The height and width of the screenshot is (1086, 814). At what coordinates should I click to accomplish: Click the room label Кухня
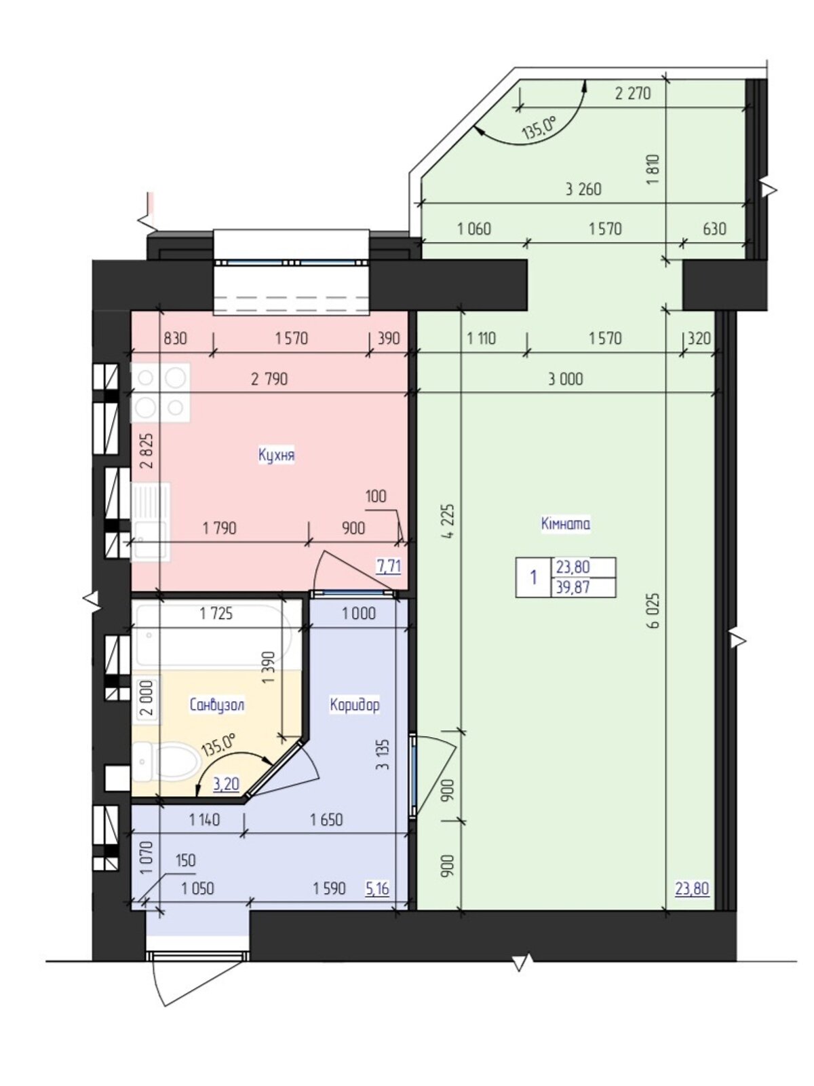[x=276, y=455]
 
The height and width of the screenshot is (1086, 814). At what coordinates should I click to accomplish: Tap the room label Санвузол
[x=217, y=705]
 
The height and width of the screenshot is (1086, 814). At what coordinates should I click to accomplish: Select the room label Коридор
[x=354, y=705]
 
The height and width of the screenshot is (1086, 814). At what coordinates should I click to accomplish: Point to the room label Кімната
[x=566, y=523]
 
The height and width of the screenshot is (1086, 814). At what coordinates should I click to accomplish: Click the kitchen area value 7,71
[x=389, y=566]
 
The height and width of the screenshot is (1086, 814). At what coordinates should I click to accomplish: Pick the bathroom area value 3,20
[x=226, y=784]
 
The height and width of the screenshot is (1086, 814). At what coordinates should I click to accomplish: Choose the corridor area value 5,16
[x=377, y=888]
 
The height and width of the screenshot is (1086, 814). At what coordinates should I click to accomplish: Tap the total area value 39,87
[x=573, y=587]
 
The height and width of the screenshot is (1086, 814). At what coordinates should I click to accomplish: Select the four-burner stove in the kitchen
[x=160, y=393]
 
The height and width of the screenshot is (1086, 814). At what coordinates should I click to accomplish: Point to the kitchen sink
[x=150, y=522]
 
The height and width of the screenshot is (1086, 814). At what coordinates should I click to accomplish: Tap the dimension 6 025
[x=655, y=610]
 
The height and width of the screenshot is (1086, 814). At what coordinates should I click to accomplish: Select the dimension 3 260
[x=583, y=189]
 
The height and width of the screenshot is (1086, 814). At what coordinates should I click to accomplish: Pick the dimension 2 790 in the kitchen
[x=269, y=379]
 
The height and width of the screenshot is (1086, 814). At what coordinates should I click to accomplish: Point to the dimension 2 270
[x=633, y=93]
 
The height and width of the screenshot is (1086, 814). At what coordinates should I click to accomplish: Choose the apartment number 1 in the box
[x=533, y=577]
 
